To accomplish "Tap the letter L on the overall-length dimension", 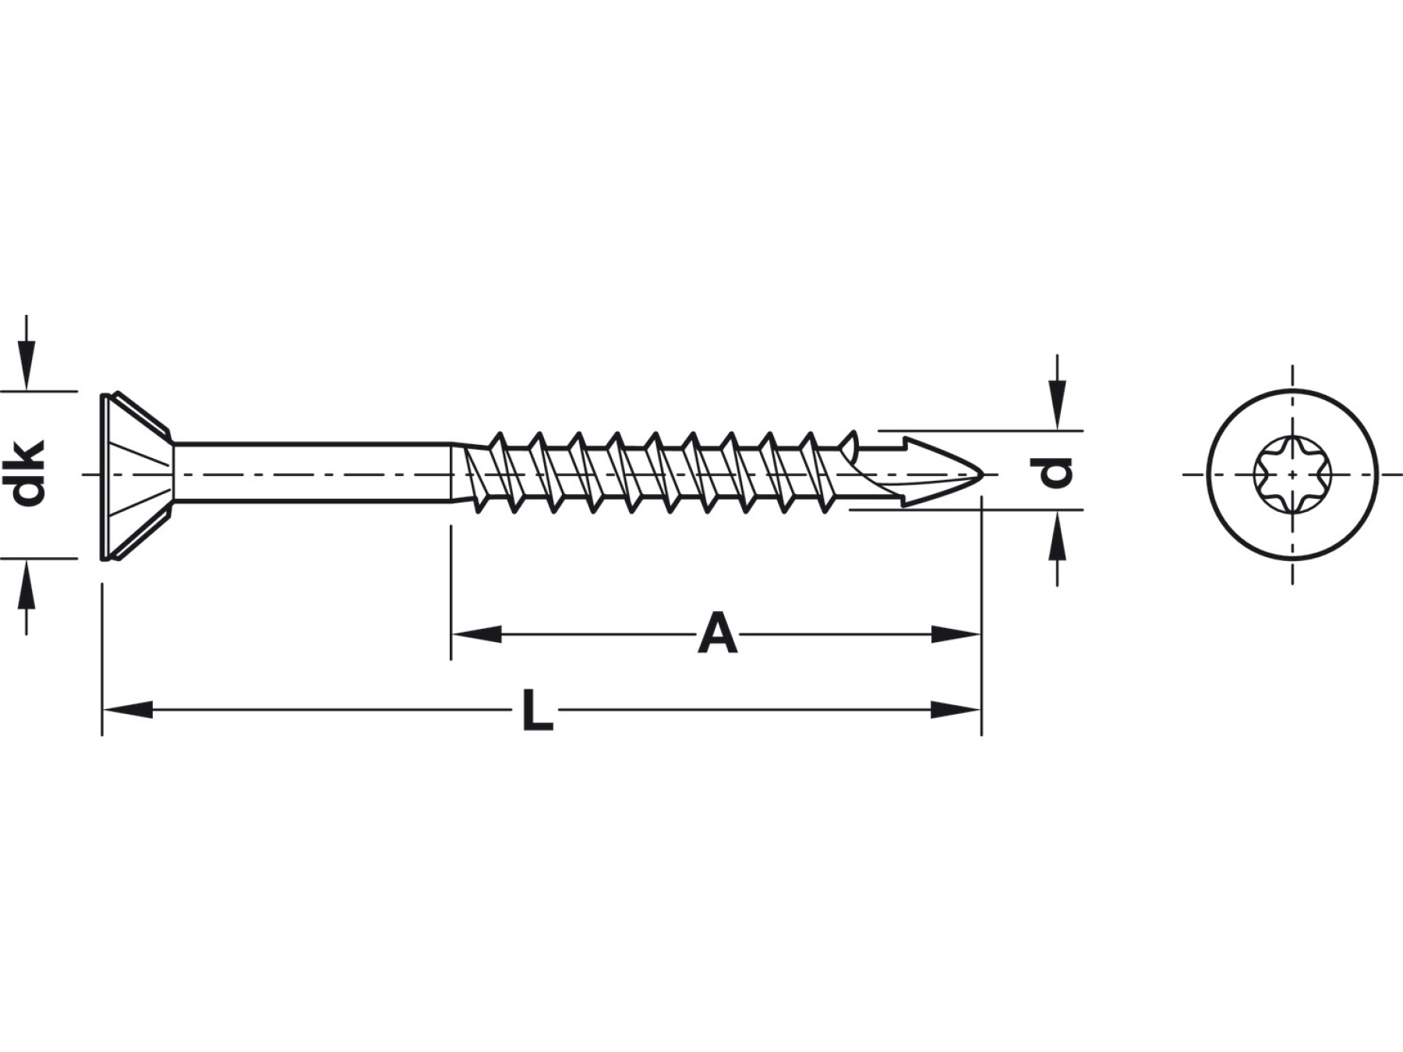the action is point(537,710).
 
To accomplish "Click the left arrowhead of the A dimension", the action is point(476,634).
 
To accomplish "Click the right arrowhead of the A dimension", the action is point(956,634).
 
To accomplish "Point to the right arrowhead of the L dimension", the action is point(956,710).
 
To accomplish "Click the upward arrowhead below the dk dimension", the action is point(27,584).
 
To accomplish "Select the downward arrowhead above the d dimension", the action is point(1057,405).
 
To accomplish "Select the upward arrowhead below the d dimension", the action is point(1057,535).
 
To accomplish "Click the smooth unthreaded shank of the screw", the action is point(312,474).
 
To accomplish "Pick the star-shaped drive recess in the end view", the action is point(1292,474).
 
